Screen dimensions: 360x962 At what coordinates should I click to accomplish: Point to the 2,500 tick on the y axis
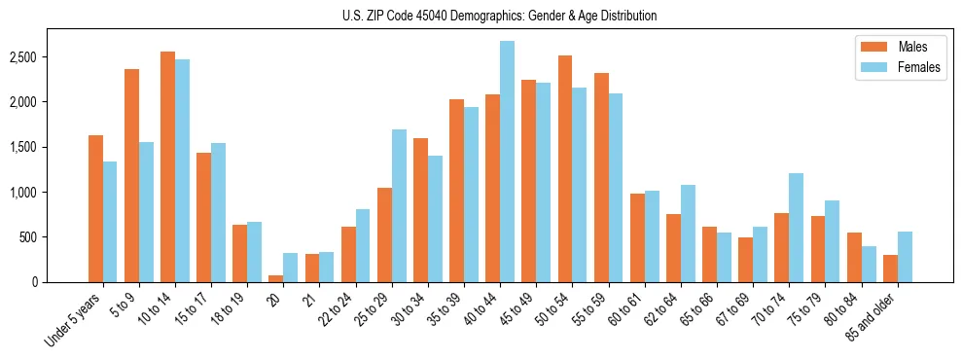(x=49, y=57)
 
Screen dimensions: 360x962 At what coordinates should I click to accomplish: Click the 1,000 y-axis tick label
(x=49, y=193)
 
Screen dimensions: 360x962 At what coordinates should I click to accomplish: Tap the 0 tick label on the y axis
(x=60, y=282)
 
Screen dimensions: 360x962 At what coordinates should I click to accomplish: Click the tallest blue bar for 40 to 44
(x=507, y=162)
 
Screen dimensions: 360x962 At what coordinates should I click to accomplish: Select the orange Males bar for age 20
(x=275, y=278)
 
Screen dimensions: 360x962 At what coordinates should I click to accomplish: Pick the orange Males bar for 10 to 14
(x=167, y=166)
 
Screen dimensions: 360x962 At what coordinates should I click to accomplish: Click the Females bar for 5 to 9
(x=146, y=212)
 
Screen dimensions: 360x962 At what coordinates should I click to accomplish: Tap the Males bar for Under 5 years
(x=95, y=208)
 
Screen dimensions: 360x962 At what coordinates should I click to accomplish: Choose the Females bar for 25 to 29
(x=399, y=205)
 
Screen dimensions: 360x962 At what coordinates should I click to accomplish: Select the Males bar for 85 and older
(x=890, y=269)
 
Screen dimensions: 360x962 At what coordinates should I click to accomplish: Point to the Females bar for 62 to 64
(x=688, y=234)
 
